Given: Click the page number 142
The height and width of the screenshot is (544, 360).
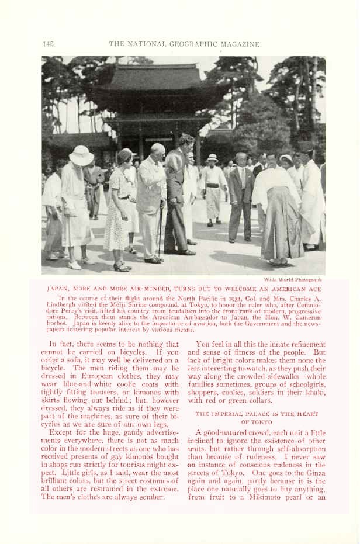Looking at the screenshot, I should [48, 44].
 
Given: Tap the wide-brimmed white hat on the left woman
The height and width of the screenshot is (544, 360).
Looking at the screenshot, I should [81, 155].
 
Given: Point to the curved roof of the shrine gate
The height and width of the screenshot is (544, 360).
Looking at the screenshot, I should [154, 78].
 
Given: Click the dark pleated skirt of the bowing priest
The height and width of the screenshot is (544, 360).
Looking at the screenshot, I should [282, 231].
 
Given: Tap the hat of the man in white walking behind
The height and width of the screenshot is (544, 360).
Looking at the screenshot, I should [212, 158].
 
